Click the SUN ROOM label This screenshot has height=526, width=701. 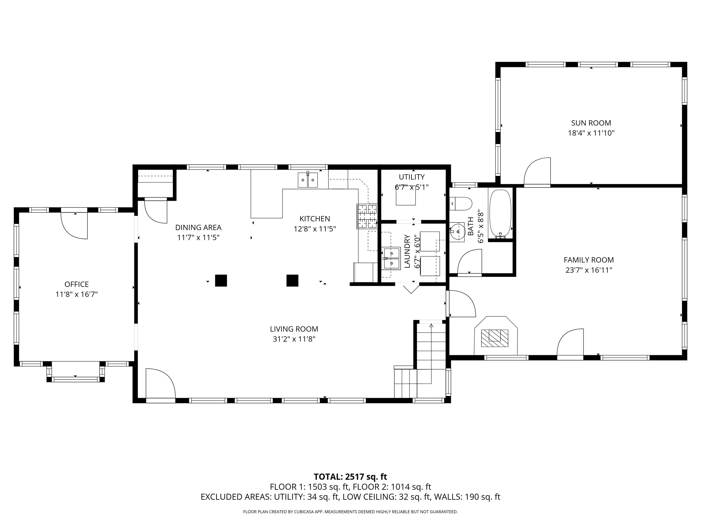tap(591, 123)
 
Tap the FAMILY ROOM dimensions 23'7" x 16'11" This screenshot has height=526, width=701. tap(589, 270)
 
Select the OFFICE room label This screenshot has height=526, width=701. tap(77, 284)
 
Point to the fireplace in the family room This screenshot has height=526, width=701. tap(496, 335)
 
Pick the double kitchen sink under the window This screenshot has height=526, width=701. tap(308, 180)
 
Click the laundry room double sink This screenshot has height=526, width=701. tap(392, 258)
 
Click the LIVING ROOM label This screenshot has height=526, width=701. tap(294, 329)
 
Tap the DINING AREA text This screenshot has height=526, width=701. tap(198, 227)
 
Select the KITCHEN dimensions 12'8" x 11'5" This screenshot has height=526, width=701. tap(315, 229)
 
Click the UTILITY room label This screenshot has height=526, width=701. tap(412, 177)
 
